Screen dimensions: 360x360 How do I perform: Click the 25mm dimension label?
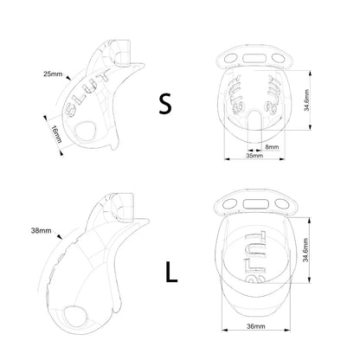pos(53,74)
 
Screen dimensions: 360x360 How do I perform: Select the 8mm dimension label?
pos(272,147)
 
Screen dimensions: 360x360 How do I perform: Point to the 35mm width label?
pos(254,156)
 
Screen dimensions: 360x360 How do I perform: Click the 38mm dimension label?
pos(42,230)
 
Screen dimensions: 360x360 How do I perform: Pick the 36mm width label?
pos(256,326)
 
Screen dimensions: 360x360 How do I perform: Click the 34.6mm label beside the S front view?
pos(306,100)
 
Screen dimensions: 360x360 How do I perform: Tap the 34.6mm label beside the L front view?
pos(306,249)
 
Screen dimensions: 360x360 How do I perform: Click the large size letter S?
pos(165,104)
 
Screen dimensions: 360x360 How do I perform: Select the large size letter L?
pos(171,272)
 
